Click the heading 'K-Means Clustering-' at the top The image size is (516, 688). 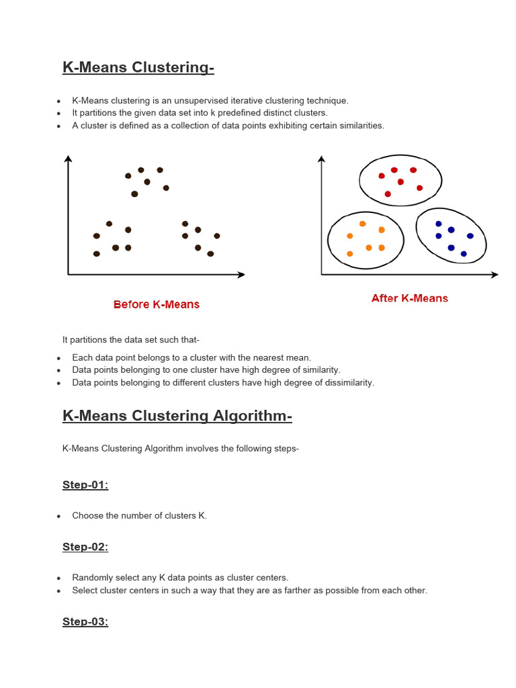[x=138, y=67]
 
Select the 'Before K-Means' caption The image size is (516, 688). [x=157, y=304]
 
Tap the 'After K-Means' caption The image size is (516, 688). [x=409, y=298]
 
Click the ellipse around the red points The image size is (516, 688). [x=400, y=179]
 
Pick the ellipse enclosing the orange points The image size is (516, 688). [x=365, y=238]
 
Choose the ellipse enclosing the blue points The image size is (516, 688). [x=451, y=235]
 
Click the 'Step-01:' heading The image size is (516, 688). [x=85, y=485]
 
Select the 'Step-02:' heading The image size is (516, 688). [x=85, y=547]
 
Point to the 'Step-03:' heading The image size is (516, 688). [x=85, y=621]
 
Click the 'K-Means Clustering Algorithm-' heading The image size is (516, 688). [x=177, y=416]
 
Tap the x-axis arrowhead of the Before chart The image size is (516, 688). [x=241, y=274]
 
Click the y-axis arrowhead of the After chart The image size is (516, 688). [x=321, y=159]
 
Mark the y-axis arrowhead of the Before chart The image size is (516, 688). [x=68, y=159]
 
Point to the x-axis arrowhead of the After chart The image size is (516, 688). [x=494, y=274]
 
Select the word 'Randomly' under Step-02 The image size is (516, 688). [x=92, y=578]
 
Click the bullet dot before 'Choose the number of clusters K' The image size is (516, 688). [x=59, y=517]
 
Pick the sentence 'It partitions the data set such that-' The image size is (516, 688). [x=131, y=340]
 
